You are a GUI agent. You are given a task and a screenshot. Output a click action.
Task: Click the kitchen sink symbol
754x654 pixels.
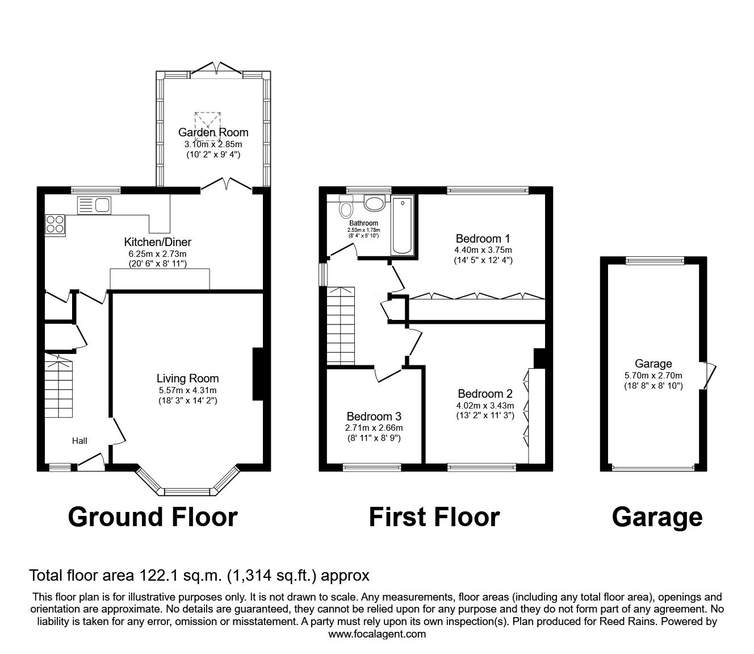tap(95, 205)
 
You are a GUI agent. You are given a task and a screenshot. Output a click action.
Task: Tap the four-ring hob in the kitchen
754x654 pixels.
tap(56, 224)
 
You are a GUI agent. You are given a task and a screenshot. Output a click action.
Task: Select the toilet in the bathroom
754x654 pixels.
tap(345, 209)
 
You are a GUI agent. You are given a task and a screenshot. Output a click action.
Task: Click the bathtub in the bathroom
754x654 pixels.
tap(403, 226)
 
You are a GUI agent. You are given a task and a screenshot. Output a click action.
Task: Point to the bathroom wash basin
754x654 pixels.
tap(374, 203)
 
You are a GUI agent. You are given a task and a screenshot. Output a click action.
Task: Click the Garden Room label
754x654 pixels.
tap(213, 132)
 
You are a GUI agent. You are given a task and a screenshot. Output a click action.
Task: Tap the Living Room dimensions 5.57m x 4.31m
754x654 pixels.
tap(187, 390)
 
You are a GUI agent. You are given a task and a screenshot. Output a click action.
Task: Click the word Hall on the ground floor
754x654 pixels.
tap(79, 440)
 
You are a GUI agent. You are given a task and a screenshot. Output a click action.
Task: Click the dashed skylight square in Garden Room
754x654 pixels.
tap(207, 126)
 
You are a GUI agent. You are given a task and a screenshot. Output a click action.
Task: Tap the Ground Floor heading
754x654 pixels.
tap(153, 517)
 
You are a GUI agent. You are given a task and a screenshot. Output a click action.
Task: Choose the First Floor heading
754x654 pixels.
tap(434, 517)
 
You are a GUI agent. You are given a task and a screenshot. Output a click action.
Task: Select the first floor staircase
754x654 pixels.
tap(341, 325)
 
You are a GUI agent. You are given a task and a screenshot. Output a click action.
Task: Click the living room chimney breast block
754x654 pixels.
tap(258, 374)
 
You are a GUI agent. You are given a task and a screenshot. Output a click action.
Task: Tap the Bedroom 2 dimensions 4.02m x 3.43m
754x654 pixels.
tap(485, 405)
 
